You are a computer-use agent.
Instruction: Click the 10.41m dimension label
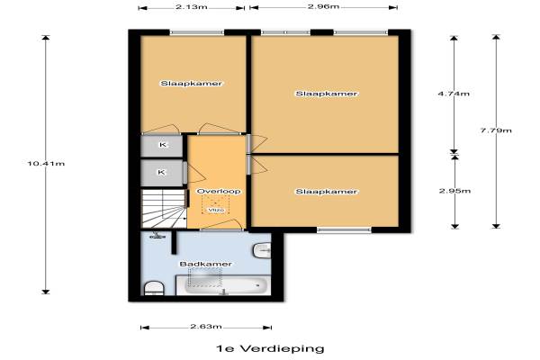(46, 164)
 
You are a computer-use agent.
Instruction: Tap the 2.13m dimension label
(192, 6)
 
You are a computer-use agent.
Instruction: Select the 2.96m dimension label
(323, 6)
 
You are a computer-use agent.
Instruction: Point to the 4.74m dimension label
(454, 94)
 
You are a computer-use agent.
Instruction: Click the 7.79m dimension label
(496, 130)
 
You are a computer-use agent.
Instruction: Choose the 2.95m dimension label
(454, 191)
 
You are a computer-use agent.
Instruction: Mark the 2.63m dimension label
(206, 326)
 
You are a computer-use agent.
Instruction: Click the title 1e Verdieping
(270, 348)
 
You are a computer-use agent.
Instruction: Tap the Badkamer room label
(205, 265)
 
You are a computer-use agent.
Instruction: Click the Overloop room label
(219, 191)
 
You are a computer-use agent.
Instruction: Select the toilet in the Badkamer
(154, 288)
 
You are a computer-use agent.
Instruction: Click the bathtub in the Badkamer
(223, 285)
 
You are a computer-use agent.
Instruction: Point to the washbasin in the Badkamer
(262, 250)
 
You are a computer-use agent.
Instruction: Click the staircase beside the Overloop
(164, 208)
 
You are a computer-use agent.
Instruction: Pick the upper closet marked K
(161, 146)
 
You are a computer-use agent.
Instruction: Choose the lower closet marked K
(161, 173)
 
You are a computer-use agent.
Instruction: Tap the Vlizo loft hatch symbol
(216, 204)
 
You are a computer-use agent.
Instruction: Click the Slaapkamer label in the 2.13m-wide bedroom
(191, 84)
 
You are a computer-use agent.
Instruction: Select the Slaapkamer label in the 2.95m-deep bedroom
(326, 192)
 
